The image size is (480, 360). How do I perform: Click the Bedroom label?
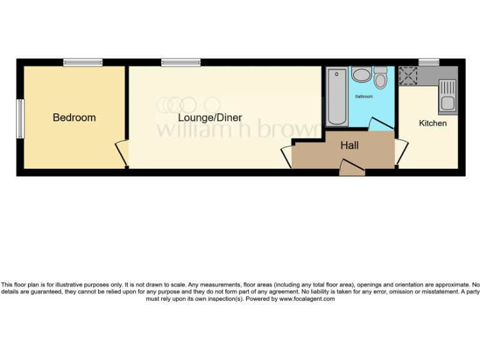pyautogui.click(x=74, y=117)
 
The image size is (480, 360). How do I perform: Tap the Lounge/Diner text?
pyautogui.click(x=210, y=117)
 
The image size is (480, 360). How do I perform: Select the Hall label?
pyautogui.click(x=349, y=146)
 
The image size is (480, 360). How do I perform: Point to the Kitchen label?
pyautogui.click(x=432, y=123)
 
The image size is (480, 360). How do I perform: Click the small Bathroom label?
pyautogui.click(x=364, y=97)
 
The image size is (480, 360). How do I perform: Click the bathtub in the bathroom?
pyautogui.click(x=336, y=96)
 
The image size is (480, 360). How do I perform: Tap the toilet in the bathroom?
pyautogui.click(x=380, y=78)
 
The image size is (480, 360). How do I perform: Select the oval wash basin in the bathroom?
pyautogui.click(x=361, y=75)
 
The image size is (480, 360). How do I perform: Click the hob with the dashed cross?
pyautogui.click(x=409, y=76)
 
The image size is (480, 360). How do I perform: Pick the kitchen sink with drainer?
pyautogui.click(x=447, y=97)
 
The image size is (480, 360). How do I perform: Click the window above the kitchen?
pyautogui.click(x=428, y=62)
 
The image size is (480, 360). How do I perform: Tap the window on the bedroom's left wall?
pyautogui.click(x=20, y=119)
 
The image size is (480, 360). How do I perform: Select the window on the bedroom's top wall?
pyautogui.click(x=82, y=62)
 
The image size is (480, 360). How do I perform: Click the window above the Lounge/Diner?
pyautogui.click(x=181, y=62)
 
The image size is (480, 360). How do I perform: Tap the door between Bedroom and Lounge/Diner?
pyautogui.click(x=121, y=152)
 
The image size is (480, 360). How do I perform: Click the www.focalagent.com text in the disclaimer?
pyautogui.click(x=306, y=299)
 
